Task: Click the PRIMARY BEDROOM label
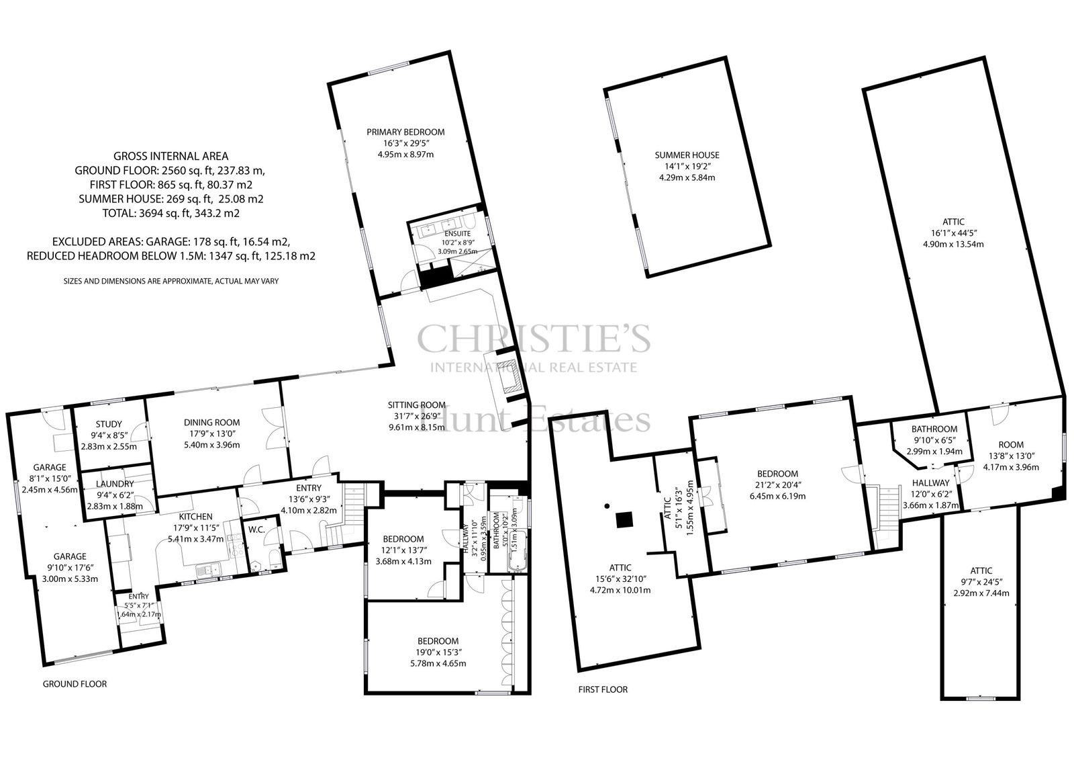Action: pyautogui.click(x=405, y=132)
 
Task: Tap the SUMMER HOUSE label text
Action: pyautogui.click(x=687, y=155)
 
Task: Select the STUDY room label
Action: pyautogui.click(x=109, y=425)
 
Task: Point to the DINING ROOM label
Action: pyautogui.click(x=212, y=423)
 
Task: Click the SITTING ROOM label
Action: pyautogui.click(x=417, y=405)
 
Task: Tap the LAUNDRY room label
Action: pyautogui.click(x=115, y=484)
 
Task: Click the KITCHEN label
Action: pyautogui.click(x=195, y=517)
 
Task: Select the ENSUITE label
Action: pyautogui.click(x=457, y=234)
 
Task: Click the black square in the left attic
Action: pyautogui.click(x=624, y=520)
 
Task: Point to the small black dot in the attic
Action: pyautogui.click(x=607, y=505)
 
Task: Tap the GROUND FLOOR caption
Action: pyautogui.click(x=75, y=684)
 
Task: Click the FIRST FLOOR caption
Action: pyautogui.click(x=603, y=690)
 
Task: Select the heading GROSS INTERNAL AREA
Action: pyautogui.click(x=170, y=156)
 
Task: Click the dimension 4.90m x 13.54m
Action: pyautogui.click(x=953, y=244)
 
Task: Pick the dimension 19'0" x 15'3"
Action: pyautogui.click(x=438, y=652)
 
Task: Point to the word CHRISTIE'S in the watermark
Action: pyautogui.click(x=534, y=338)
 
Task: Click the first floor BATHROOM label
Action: pyautogui.click(x=934, y=429)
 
